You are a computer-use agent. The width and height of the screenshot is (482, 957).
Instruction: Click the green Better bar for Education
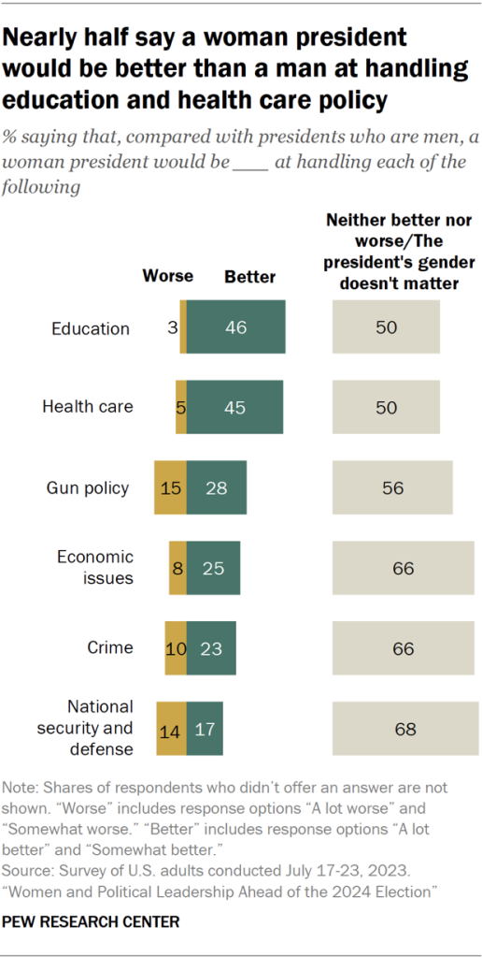coord(235,327)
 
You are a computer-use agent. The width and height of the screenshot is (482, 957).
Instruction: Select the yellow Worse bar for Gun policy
coord(170,487)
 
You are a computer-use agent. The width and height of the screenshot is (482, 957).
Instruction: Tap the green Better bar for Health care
coord(234,407)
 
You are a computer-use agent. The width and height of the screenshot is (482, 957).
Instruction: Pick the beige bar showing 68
coord(405,728)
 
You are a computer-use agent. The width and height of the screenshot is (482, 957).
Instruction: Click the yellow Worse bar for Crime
coord(176,647)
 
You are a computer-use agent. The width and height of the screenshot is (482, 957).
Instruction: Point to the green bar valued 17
coord(205,728)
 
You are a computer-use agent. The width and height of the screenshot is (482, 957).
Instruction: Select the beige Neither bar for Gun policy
coord(392,487)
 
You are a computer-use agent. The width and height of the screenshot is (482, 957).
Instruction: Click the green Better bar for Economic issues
coord(213,568)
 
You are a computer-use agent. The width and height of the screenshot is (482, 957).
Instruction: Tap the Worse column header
coord(167,276)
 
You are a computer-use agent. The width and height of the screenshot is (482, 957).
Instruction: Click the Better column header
coord(249,276)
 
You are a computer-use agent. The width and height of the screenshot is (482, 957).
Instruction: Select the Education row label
coord(91,328)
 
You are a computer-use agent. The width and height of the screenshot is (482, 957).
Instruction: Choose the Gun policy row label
coord(88,487)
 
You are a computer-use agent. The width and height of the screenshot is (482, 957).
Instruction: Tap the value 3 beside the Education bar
coord(173,328)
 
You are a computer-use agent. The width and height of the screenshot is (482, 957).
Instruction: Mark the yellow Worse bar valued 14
coord(170,728)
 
